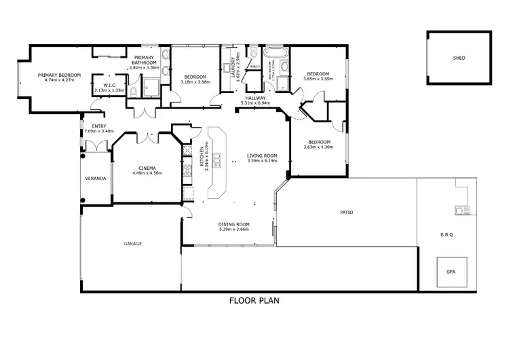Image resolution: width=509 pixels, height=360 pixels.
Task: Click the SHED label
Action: pos(459,58)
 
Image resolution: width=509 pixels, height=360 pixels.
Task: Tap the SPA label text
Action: pos(451,272)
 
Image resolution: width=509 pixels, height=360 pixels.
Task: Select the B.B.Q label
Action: pos(447,235)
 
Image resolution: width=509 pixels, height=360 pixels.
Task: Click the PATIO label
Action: pos(346,213)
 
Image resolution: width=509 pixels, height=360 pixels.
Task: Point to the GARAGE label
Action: pos(132,243)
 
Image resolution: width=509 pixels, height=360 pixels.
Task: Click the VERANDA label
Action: pos(95,178)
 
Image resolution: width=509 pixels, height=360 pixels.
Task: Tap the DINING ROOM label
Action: pos(234,225)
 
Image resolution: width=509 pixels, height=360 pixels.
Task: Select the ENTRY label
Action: pos(89,126)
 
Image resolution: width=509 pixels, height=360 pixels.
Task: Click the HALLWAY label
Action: pos(257,98)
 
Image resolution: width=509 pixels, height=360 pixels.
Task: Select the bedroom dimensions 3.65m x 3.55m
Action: pos(318,79)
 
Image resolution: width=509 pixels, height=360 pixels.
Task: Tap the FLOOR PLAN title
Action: pos(254,300)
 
